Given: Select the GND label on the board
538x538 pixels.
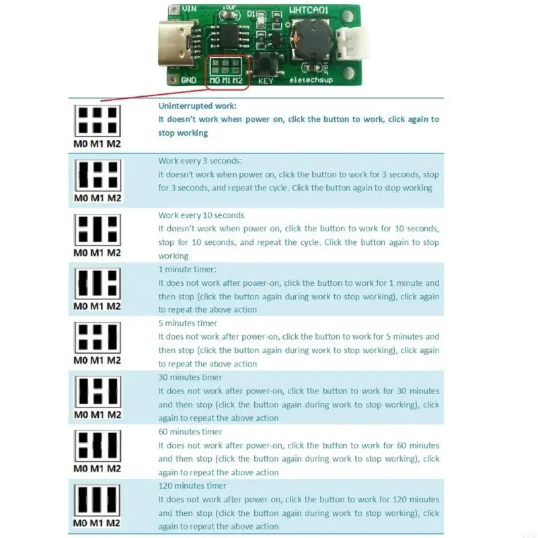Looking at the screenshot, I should click(189, 80).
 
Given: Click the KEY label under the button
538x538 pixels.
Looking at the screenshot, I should click(266, 81).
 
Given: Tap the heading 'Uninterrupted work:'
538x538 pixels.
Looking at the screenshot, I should click(198, 106).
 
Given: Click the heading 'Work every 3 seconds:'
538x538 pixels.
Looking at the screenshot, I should click(200, 161).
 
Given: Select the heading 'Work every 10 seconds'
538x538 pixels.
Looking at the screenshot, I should click(201, 215).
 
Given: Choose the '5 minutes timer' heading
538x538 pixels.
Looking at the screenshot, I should click(188, 323).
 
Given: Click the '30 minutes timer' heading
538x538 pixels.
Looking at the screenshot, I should click(190, 377).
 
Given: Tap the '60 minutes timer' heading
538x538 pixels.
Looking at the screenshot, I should click(190, 432).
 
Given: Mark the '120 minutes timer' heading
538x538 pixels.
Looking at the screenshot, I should click(192, 486).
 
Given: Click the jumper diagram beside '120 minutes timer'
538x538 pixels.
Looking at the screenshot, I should click(98, 500).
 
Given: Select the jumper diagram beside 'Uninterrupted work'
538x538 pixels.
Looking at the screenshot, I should click(98, 120).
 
